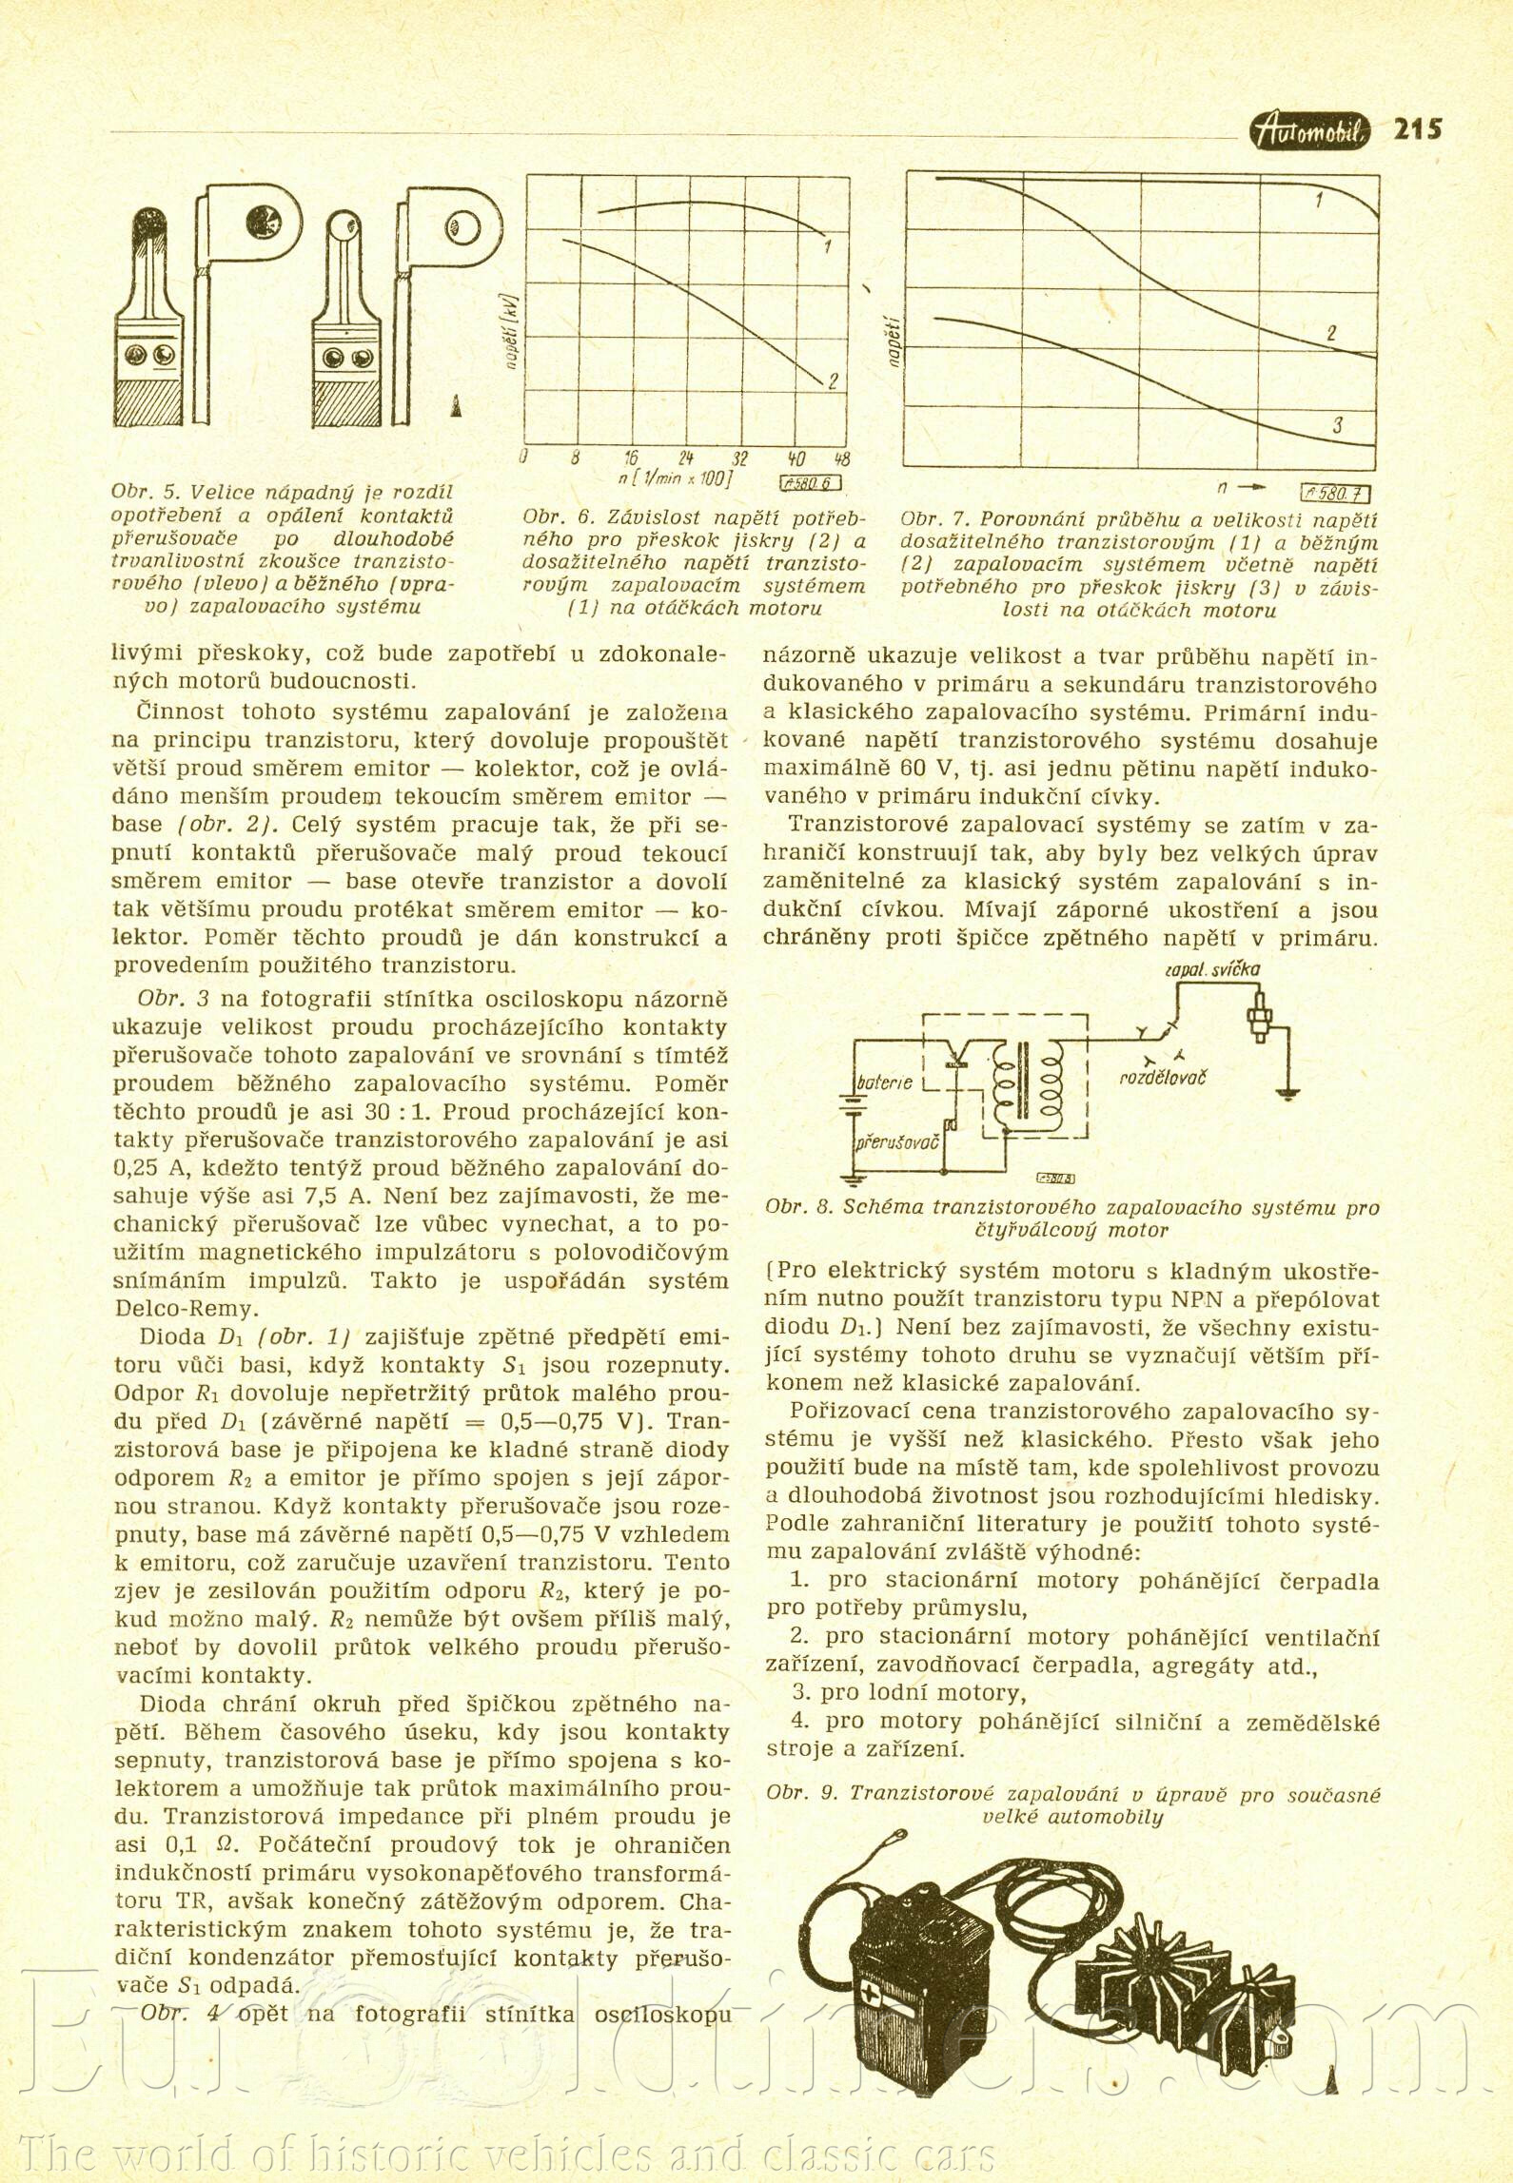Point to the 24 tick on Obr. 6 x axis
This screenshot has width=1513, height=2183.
tap(686, 458)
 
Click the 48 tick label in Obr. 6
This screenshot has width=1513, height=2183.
tap(841, 458)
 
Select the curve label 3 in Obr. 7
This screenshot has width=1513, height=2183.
tap(1337, 425)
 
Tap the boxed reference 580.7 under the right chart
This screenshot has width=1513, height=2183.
tap(1335, 492)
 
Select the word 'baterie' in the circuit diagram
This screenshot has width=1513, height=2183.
tap(885, 1082)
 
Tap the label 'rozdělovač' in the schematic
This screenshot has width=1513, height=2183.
tap(1163, 1078)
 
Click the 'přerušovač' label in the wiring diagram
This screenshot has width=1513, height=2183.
tap(896, 1140)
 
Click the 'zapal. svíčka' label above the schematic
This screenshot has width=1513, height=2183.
tap(1212, 968)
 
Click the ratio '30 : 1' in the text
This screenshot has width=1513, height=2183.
tap(389, 1112)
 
